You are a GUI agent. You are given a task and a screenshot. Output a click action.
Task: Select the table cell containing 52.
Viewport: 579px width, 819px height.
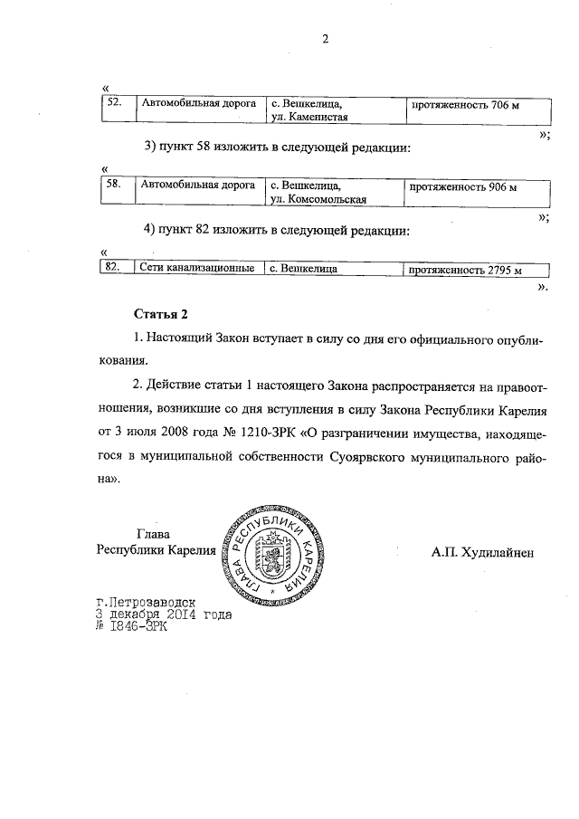(114, 104)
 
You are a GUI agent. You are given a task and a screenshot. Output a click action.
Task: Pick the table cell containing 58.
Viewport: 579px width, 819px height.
(114, 186)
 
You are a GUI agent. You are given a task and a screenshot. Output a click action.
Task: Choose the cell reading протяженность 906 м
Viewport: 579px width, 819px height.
(463, 187)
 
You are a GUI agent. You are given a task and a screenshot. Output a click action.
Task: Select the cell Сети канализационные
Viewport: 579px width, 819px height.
(196, 269)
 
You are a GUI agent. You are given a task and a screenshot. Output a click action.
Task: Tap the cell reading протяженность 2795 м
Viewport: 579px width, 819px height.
(466, 270)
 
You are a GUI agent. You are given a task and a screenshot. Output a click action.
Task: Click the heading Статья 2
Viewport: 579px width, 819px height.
(160, 315)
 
